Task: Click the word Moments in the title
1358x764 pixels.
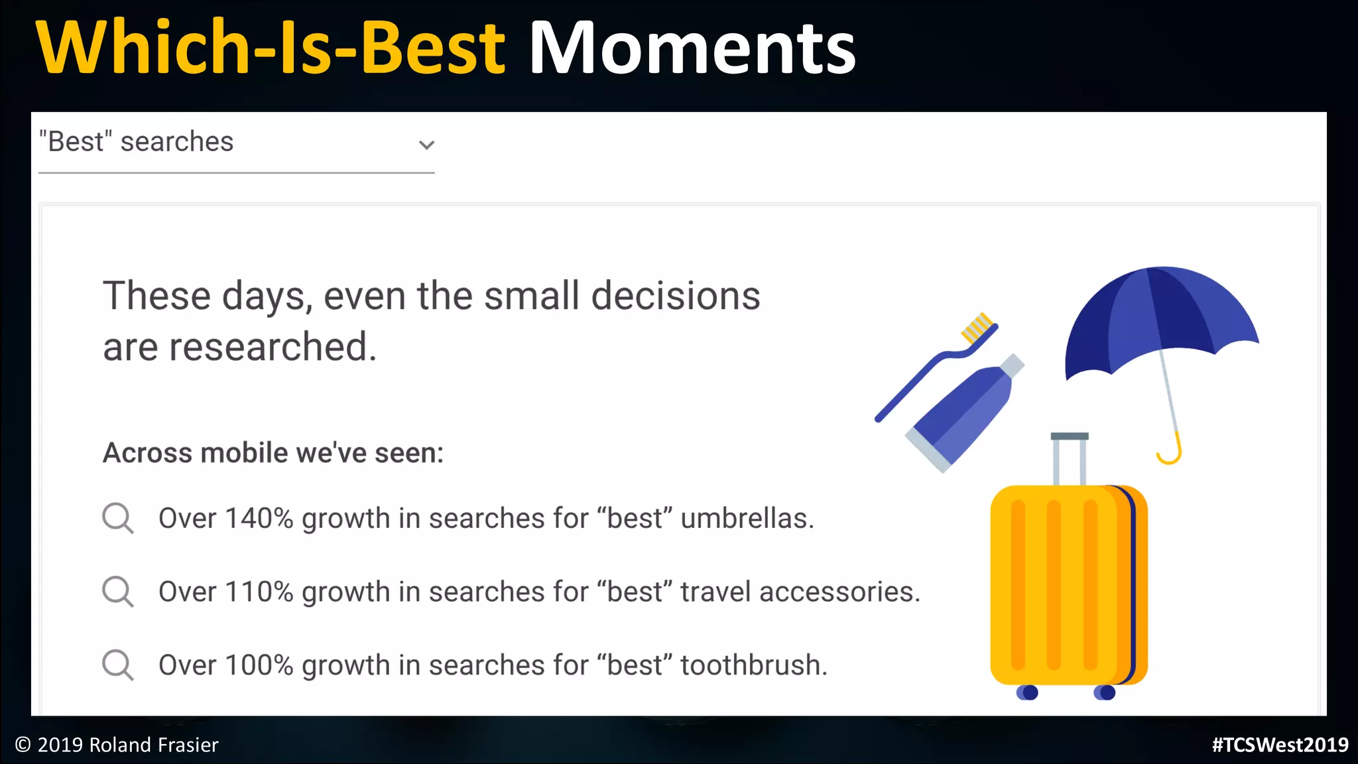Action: [x=692, y=48]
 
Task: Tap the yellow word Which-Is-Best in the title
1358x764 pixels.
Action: [x=271, y=48]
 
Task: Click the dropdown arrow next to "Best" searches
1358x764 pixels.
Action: [x=426, y=145]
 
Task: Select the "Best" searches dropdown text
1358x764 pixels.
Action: [x=137, y=142]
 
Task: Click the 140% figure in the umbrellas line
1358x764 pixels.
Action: [x=259, y=518]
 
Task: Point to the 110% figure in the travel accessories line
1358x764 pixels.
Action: [x=259, y=592]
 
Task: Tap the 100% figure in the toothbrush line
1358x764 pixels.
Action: [x=259, y=665]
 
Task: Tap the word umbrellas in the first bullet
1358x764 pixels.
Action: [x=747, y=518]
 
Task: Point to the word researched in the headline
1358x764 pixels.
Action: [x=273, y=347]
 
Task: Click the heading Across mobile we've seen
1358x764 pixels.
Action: [x=273, y=453]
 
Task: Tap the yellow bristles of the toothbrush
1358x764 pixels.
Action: [x=977, y=327]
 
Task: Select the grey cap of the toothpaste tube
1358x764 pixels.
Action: [x=1012, y=365]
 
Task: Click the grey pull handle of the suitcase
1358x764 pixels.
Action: [x=1070, y=437]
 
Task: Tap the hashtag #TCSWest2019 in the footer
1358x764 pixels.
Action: [x=1280, y=745]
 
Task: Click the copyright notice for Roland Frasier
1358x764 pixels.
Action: [x=117, y=745]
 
